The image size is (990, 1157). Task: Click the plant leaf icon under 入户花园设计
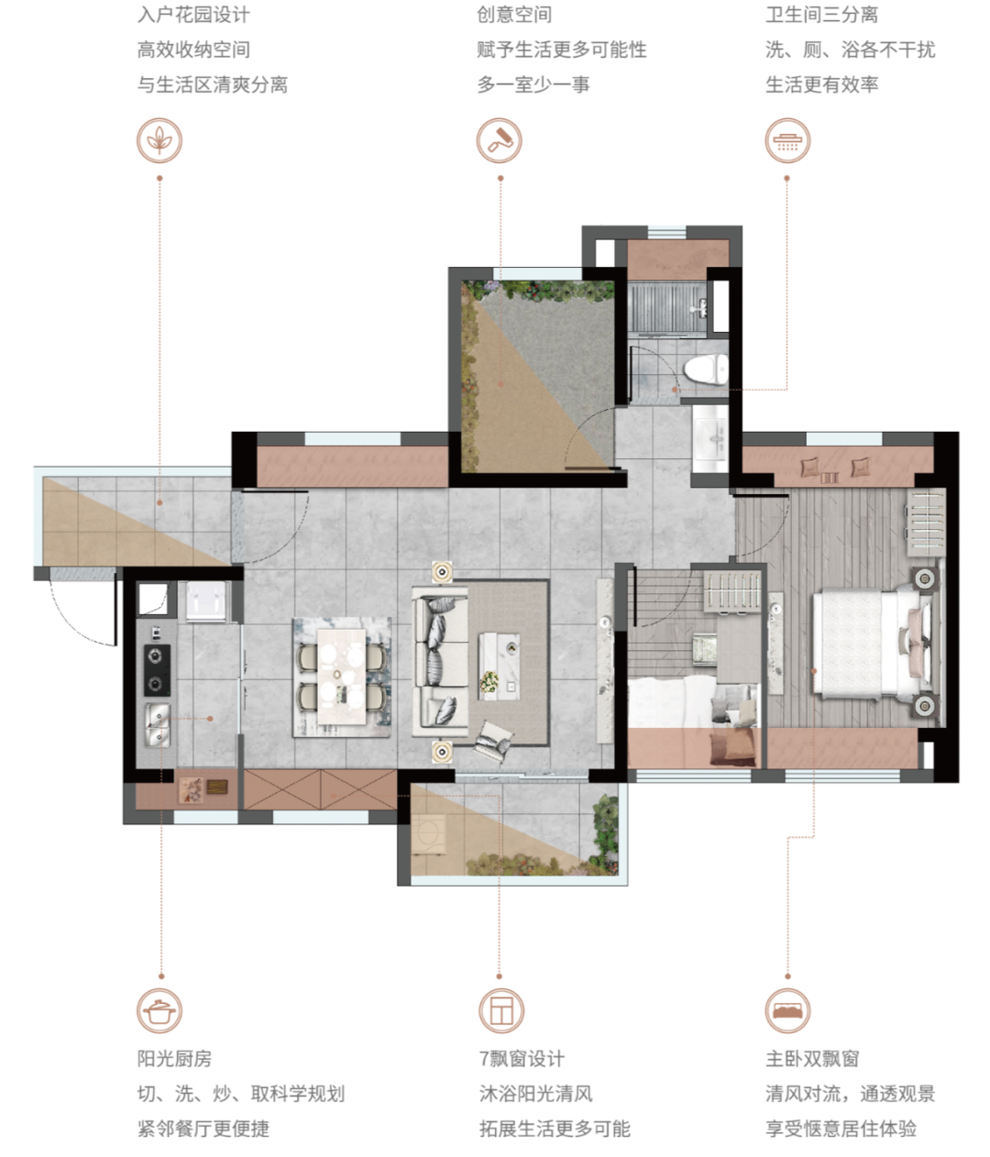(x=159, y=140)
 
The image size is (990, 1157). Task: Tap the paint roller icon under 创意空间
(x=500, y=140)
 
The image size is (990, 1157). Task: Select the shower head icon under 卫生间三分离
(x=787, y=140)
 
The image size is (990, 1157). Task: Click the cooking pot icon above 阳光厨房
(x=159, y=1010)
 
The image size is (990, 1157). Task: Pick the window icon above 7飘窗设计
(x=501, y=1010)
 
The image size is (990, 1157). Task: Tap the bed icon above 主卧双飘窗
(x=787, y=1010)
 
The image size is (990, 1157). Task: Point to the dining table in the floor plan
(x=341, y=677)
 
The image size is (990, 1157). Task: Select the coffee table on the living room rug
(x=500, y=667)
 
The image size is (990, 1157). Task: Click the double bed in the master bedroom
(x=875, y=645)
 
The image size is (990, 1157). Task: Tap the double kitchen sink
(x=158, y=725)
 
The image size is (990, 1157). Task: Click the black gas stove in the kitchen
(x=158, y=670)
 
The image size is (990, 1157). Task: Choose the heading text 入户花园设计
(x=193, y=15)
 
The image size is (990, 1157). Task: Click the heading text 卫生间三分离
(x=821, y=15)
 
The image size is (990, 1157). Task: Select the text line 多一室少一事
(x=533, y=85)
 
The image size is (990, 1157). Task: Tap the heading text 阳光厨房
(x=174, y=1059)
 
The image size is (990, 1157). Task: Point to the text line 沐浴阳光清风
(x=535, y=1094)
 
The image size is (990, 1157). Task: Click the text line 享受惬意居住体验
(x=841, y=1129)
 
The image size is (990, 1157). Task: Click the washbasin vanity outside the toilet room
(x=710, y=439)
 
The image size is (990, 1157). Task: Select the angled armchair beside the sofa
(x=493, y=742)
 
